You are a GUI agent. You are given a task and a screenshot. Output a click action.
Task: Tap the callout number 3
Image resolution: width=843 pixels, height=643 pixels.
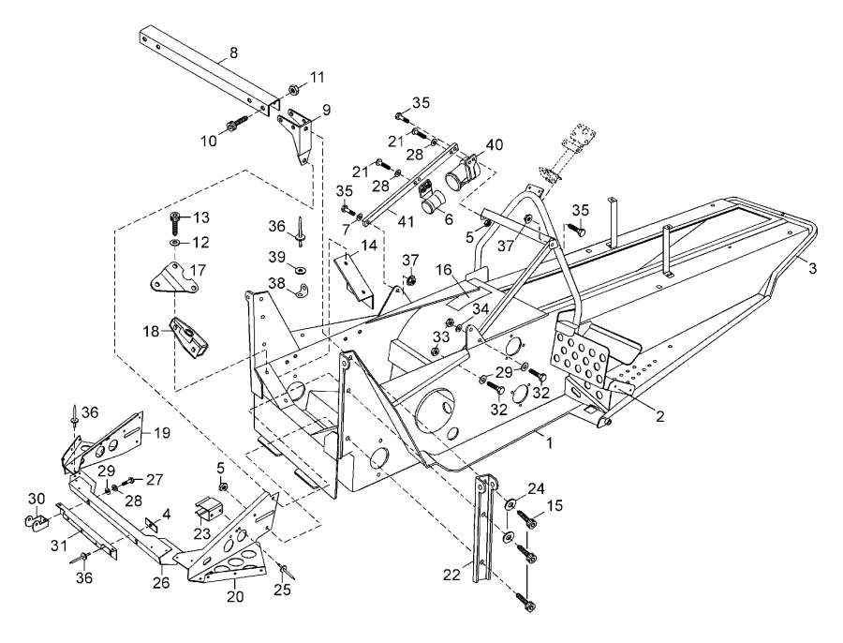pyautogui.click(x=813, y=268)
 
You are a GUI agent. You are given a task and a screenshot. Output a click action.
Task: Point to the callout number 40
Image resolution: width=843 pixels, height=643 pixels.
pyautogui.click(x=494, y=144)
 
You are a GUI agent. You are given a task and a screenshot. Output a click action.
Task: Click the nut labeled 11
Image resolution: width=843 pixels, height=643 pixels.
pyautogui.click(x=294, y=89)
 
